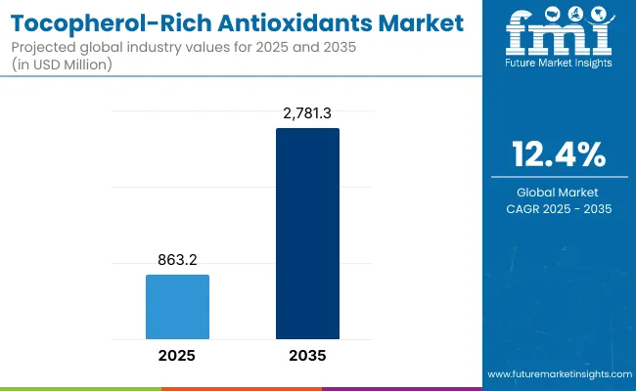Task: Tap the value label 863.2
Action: [x=177, y=262]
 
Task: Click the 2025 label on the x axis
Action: [x=177, y=356]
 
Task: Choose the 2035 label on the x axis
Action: [x=307, y=356]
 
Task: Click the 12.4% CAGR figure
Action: [x=559, y=153]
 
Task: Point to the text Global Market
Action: [x=559, y=192]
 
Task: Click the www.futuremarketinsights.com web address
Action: [x=558, y=374]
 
